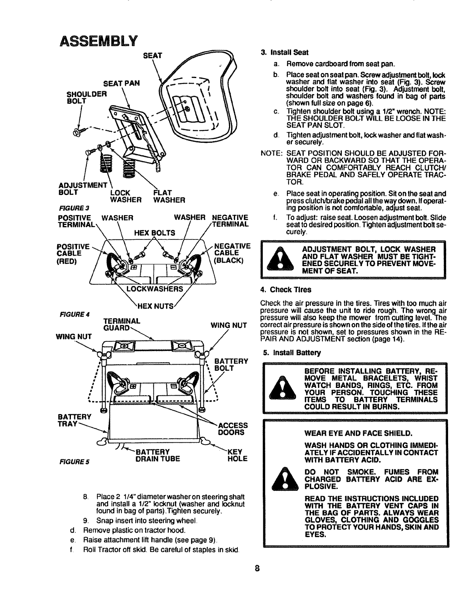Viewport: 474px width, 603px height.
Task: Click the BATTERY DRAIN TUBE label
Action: click(152, 455)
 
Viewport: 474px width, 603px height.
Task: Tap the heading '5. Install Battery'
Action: click(292, 353)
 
